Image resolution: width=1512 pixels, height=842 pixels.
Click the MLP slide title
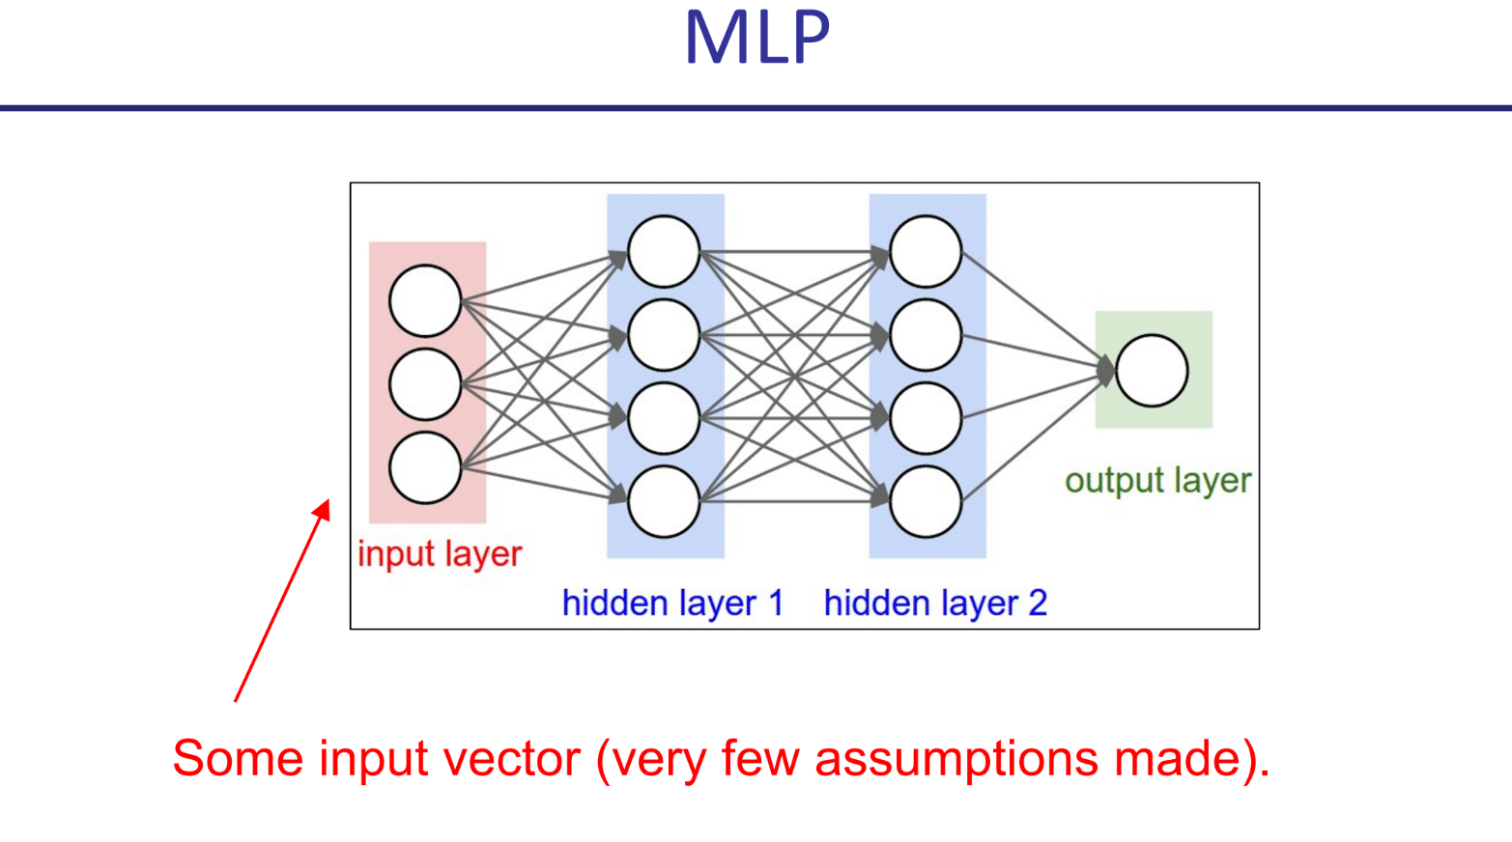pyautogui.click(x=756, y=39)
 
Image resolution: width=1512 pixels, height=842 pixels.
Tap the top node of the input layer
pyautogui.click(x=425, y=301)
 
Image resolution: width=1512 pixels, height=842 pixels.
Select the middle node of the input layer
pyautogui.click(x=425, y=384)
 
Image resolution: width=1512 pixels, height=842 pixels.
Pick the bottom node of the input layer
pyautogui.click(x=425, y=468)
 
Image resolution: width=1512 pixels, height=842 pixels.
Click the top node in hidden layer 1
pyautogui.click(x=664, y=252)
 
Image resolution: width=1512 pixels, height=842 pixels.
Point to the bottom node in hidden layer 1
pyautogui.click(x=664, y=502)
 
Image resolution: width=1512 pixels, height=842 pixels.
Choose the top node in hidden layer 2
pyautogui.click(x=926, y=252)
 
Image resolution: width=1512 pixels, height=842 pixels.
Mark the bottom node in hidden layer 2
pyautogui.click(x=926, y=502)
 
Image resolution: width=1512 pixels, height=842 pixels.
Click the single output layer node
pyautogui.click(x=1152, y=371)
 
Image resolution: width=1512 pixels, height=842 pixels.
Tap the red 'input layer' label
pyautogui.click(x=440, y=554)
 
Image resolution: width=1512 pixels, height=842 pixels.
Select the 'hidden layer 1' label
pyautogui.click(x=672, y=603)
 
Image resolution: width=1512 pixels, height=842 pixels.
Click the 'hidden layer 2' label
pyautogui.click(x=935, y=603)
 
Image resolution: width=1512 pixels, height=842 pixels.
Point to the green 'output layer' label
pyautogui.click(x=1157, y=481)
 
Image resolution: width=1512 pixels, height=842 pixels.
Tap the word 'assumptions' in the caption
pyautogui.click(x=956, y=759)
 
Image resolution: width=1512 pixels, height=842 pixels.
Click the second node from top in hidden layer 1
pyautogui.click(x=664, y=335)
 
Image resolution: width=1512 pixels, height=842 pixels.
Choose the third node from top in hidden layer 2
pyautogui.click(x=926, y=419)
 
